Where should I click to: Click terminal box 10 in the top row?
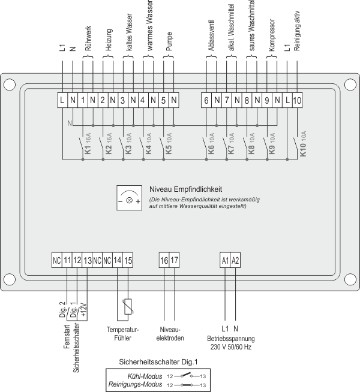click(x=298, y=100)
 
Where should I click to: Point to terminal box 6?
click(x=206, y=100)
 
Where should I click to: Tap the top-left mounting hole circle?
click(x=9, y=84)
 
